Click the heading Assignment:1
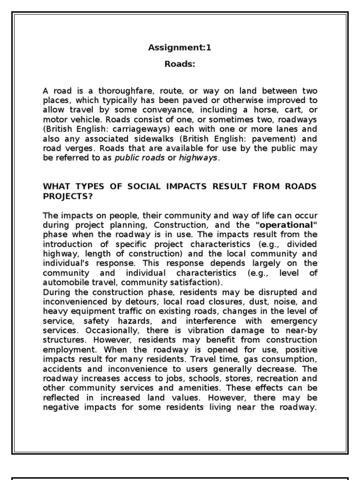pyautogui.click(x=180, y=47)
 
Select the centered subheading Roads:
pyautogui.click(x=180, y=65)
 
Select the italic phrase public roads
pyautogui.click(x=140, y=158)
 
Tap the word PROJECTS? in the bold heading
pyautogui.click(x=68, y=196)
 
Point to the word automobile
pyautogui.click(x=66, y=283)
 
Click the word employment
pyautogui.click(x=68, y=350)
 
